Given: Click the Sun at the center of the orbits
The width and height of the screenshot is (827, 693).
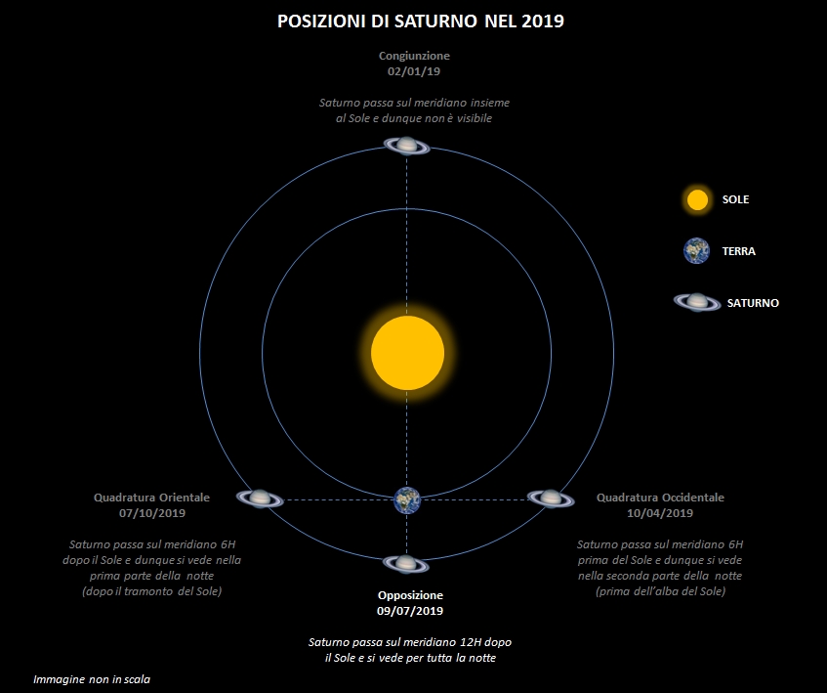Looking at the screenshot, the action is click(x=407, y=353).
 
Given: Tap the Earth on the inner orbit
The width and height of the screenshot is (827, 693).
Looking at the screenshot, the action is click(x=407, y=500).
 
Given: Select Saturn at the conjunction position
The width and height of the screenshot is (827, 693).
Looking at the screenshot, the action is click(x=406, y=146).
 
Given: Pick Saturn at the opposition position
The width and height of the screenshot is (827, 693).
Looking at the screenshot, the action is click(x=406, y=564).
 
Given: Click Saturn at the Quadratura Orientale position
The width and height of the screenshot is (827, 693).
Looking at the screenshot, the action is click(x=260, y=498).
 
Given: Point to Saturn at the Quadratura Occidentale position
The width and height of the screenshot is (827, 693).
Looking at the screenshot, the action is click(x=551, y=498).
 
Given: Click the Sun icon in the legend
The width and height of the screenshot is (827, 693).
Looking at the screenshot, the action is click(x=697, y=200).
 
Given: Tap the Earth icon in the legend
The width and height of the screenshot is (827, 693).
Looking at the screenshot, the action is click(x=697, y=250).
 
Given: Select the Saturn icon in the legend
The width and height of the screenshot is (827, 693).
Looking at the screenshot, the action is click(x=697, y=302).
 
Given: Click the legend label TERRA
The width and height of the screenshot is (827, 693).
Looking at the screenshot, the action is click(x=738, y=251).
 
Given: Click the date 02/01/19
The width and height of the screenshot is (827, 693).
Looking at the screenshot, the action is click(x=414, y=71).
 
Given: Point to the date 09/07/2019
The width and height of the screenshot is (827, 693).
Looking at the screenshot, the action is click(x=410, y=611).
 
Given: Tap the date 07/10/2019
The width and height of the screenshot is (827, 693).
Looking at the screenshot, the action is click(x=152, y=513).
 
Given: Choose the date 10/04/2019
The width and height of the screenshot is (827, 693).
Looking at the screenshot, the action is click(x=660, y=513).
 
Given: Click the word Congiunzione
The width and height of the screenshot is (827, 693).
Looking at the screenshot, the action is click(x=414, y=56).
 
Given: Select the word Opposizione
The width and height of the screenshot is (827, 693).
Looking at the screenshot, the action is click(x=410, y=595).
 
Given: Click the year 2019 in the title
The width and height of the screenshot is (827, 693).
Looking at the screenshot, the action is click(x=543, y=22).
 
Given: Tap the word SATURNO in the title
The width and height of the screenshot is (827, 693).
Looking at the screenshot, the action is click(x=436, y=22).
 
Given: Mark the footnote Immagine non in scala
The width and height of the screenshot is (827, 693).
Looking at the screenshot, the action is click(x=92, y=679).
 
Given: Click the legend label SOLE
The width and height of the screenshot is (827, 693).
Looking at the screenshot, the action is click(x=735, y=199).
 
